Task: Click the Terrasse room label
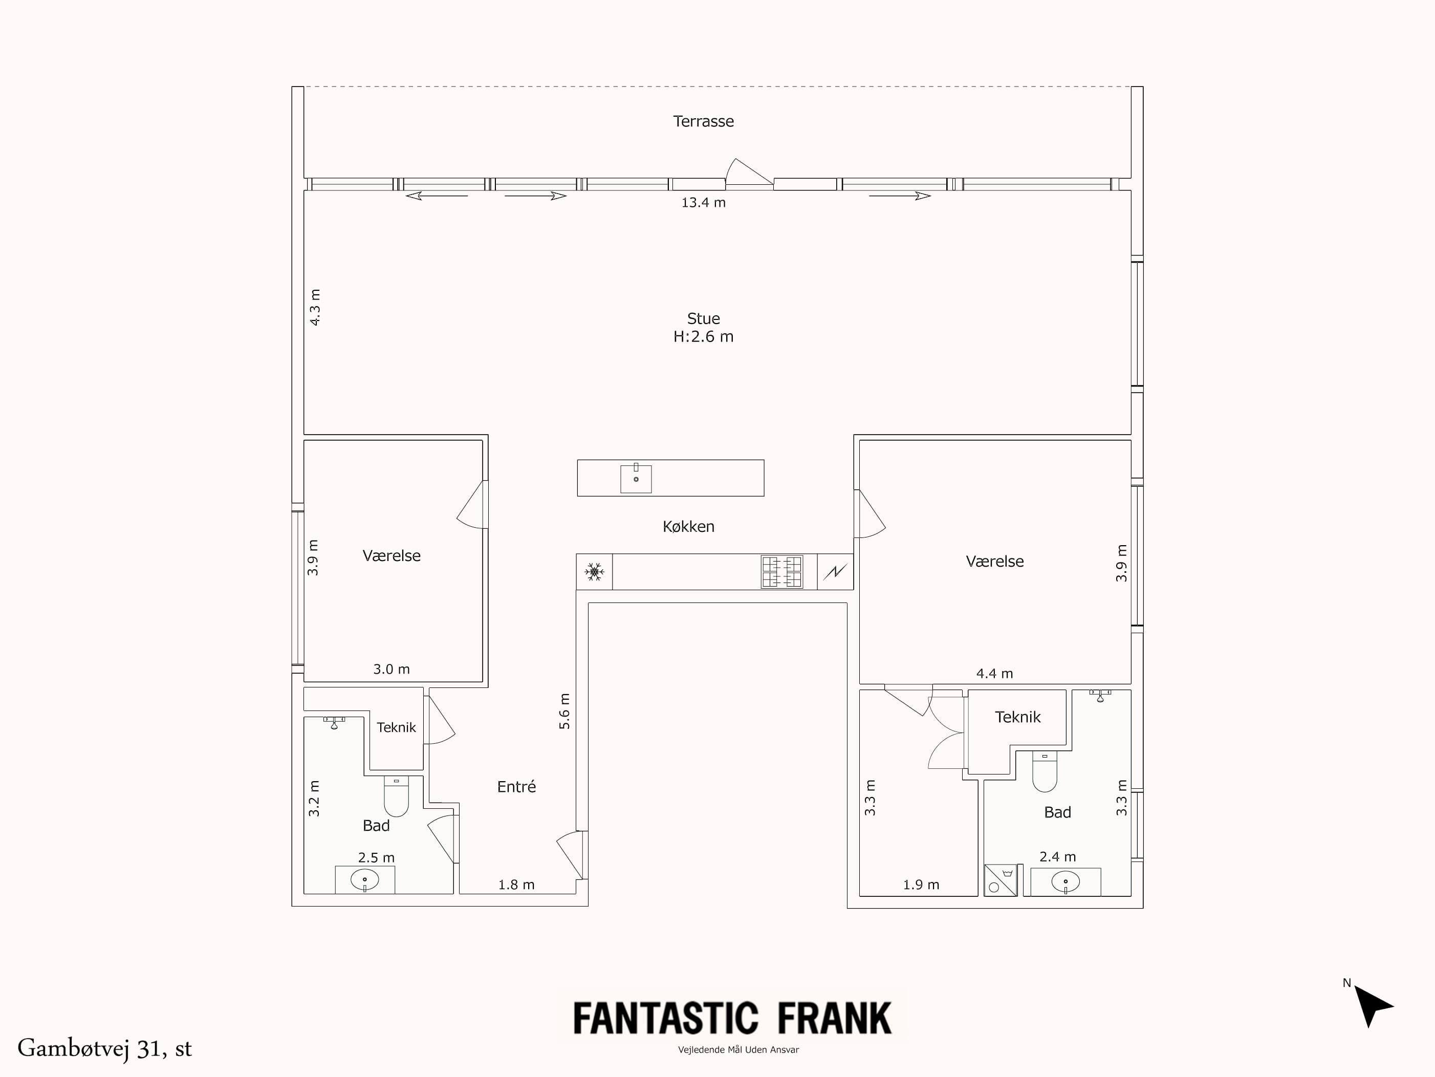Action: click(703, 121)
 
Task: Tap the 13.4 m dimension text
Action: click(703, 202)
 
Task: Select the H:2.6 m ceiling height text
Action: click(703, 337)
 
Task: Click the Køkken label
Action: click(688, 526)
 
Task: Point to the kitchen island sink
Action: click(636, 479)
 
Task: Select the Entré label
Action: click(516, 786)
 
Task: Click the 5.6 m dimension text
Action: click(564, 711)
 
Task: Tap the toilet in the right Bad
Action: click(1045, 771)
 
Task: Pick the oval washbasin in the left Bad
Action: click(364, 880)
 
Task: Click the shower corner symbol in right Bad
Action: click(999, 880)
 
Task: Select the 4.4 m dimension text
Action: click(994, 674)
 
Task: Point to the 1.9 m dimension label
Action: click(921, 885)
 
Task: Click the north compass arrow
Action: click(1372, 1004)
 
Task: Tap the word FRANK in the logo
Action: click(834, 1018)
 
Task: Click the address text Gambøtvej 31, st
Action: click(104, 1048)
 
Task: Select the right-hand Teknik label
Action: click(1017, 717)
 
